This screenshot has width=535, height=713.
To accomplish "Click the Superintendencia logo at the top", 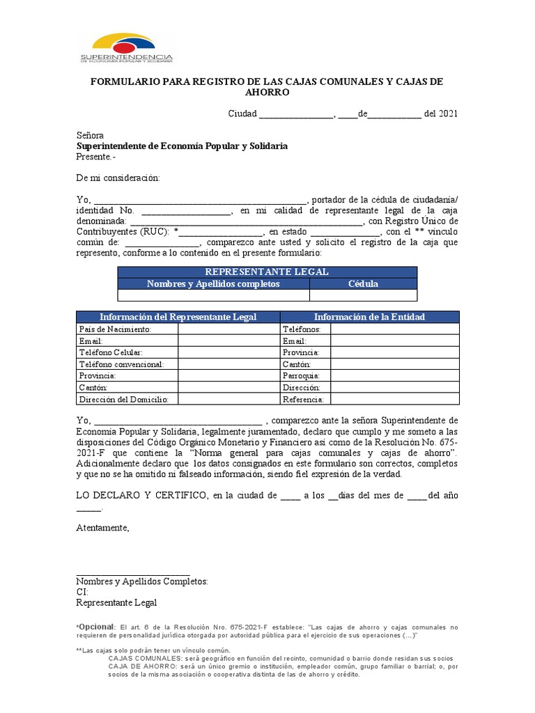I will pyautogui.click(x=126, y=48).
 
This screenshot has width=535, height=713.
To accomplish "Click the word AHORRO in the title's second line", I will pyautogui.click(x=267, y=93).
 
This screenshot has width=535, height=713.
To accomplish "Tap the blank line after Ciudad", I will pyautogui.click(x=297, y=115).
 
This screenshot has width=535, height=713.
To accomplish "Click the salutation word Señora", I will pyautogui.click(x=90, y=135).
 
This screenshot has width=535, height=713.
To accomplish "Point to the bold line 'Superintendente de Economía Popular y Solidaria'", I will pyautogui.click(x=181, y=146).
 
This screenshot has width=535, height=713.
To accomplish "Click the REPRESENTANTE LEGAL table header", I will pyautogui.click(x=267, y=272).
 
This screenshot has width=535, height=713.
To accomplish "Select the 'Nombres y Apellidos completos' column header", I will pyautogui.click(x=213, y=284).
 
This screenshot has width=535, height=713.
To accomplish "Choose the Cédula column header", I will pyautogui.click(x=363, y=284).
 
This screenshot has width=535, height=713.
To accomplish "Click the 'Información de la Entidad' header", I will pyautogui.click(x=369, y=317).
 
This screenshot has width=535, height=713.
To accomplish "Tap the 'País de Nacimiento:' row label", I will pyautogui.click(x=115, y=329).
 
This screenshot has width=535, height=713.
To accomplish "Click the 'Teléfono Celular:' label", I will pyautogui.click(x=111, y=352).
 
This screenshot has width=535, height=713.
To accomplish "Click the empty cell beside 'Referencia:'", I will pyautogui.click(x=395, y=400).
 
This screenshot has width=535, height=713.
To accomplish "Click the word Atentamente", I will pyautogui.click(x=102, y=528).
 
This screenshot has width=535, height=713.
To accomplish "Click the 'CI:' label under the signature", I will pyautogui.click(x=82, y=593).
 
